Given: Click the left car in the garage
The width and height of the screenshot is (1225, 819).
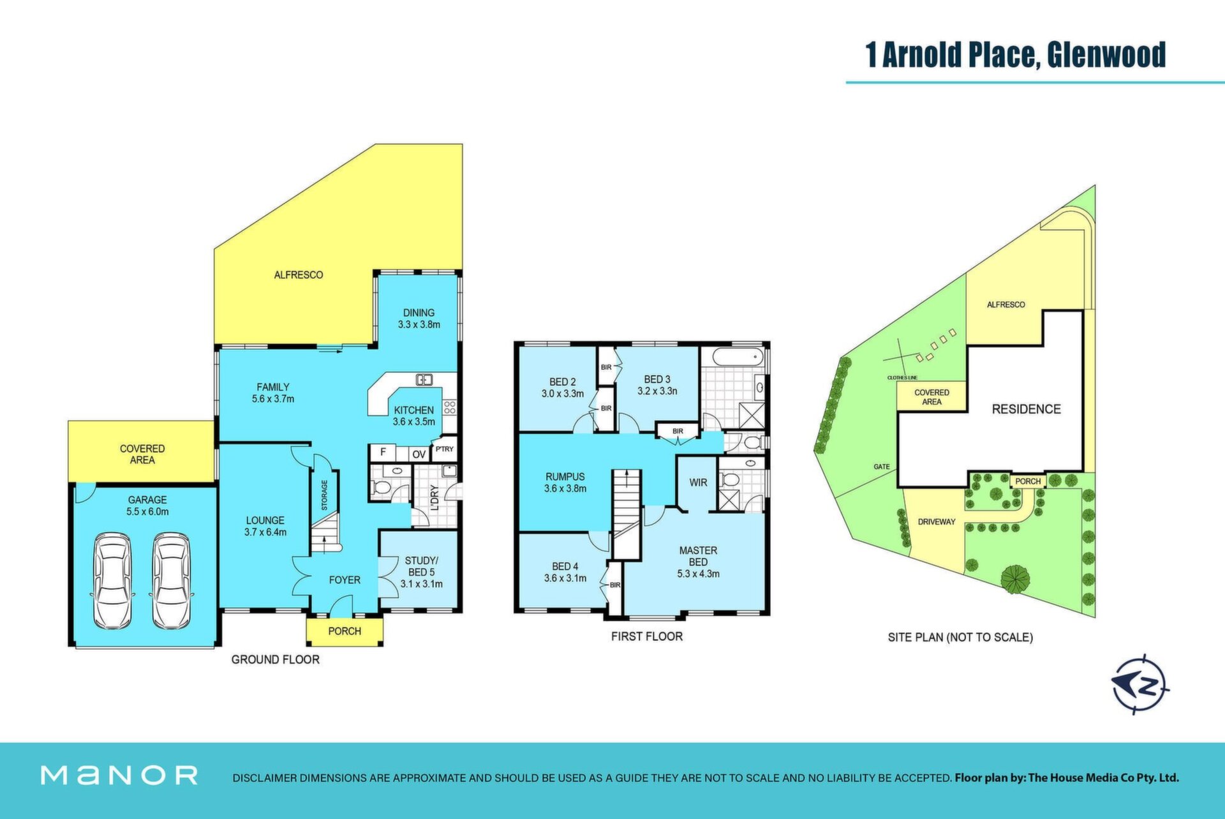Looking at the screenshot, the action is coord(113,581).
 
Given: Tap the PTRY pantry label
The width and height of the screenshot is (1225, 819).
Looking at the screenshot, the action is coord(445,449).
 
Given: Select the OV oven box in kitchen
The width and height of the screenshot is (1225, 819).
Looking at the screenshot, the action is coord(419,454).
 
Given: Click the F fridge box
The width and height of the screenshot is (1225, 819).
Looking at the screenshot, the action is coord(383,453).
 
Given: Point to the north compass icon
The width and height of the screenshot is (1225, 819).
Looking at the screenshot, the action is coord(1141,684).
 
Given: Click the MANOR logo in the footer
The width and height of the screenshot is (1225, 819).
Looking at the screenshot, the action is coord(119,775).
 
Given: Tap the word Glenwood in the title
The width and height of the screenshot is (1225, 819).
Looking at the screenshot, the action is coord(1107,55).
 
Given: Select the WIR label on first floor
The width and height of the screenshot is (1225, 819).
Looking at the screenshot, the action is coord(698,483).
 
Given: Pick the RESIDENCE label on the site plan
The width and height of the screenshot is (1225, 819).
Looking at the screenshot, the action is coord(1026,409).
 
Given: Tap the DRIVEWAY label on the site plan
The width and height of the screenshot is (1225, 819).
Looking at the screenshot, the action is coord(937,522).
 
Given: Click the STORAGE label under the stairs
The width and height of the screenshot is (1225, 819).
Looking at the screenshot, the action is coord(324,495).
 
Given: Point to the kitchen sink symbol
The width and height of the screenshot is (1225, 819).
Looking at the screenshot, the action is coord(424,380).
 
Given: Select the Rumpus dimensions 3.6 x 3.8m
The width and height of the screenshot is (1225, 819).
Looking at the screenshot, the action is coord(565,489).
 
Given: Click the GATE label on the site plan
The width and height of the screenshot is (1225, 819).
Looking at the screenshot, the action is coord(882,467).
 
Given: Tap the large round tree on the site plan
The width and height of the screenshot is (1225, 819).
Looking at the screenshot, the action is coord(1015,578).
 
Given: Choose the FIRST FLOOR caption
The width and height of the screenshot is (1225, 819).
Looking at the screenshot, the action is coord(647,636).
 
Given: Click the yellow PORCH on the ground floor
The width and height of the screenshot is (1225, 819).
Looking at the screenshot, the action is coord(345,631).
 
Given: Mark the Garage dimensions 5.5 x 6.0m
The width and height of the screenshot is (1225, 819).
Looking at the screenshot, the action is coord(147,512).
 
